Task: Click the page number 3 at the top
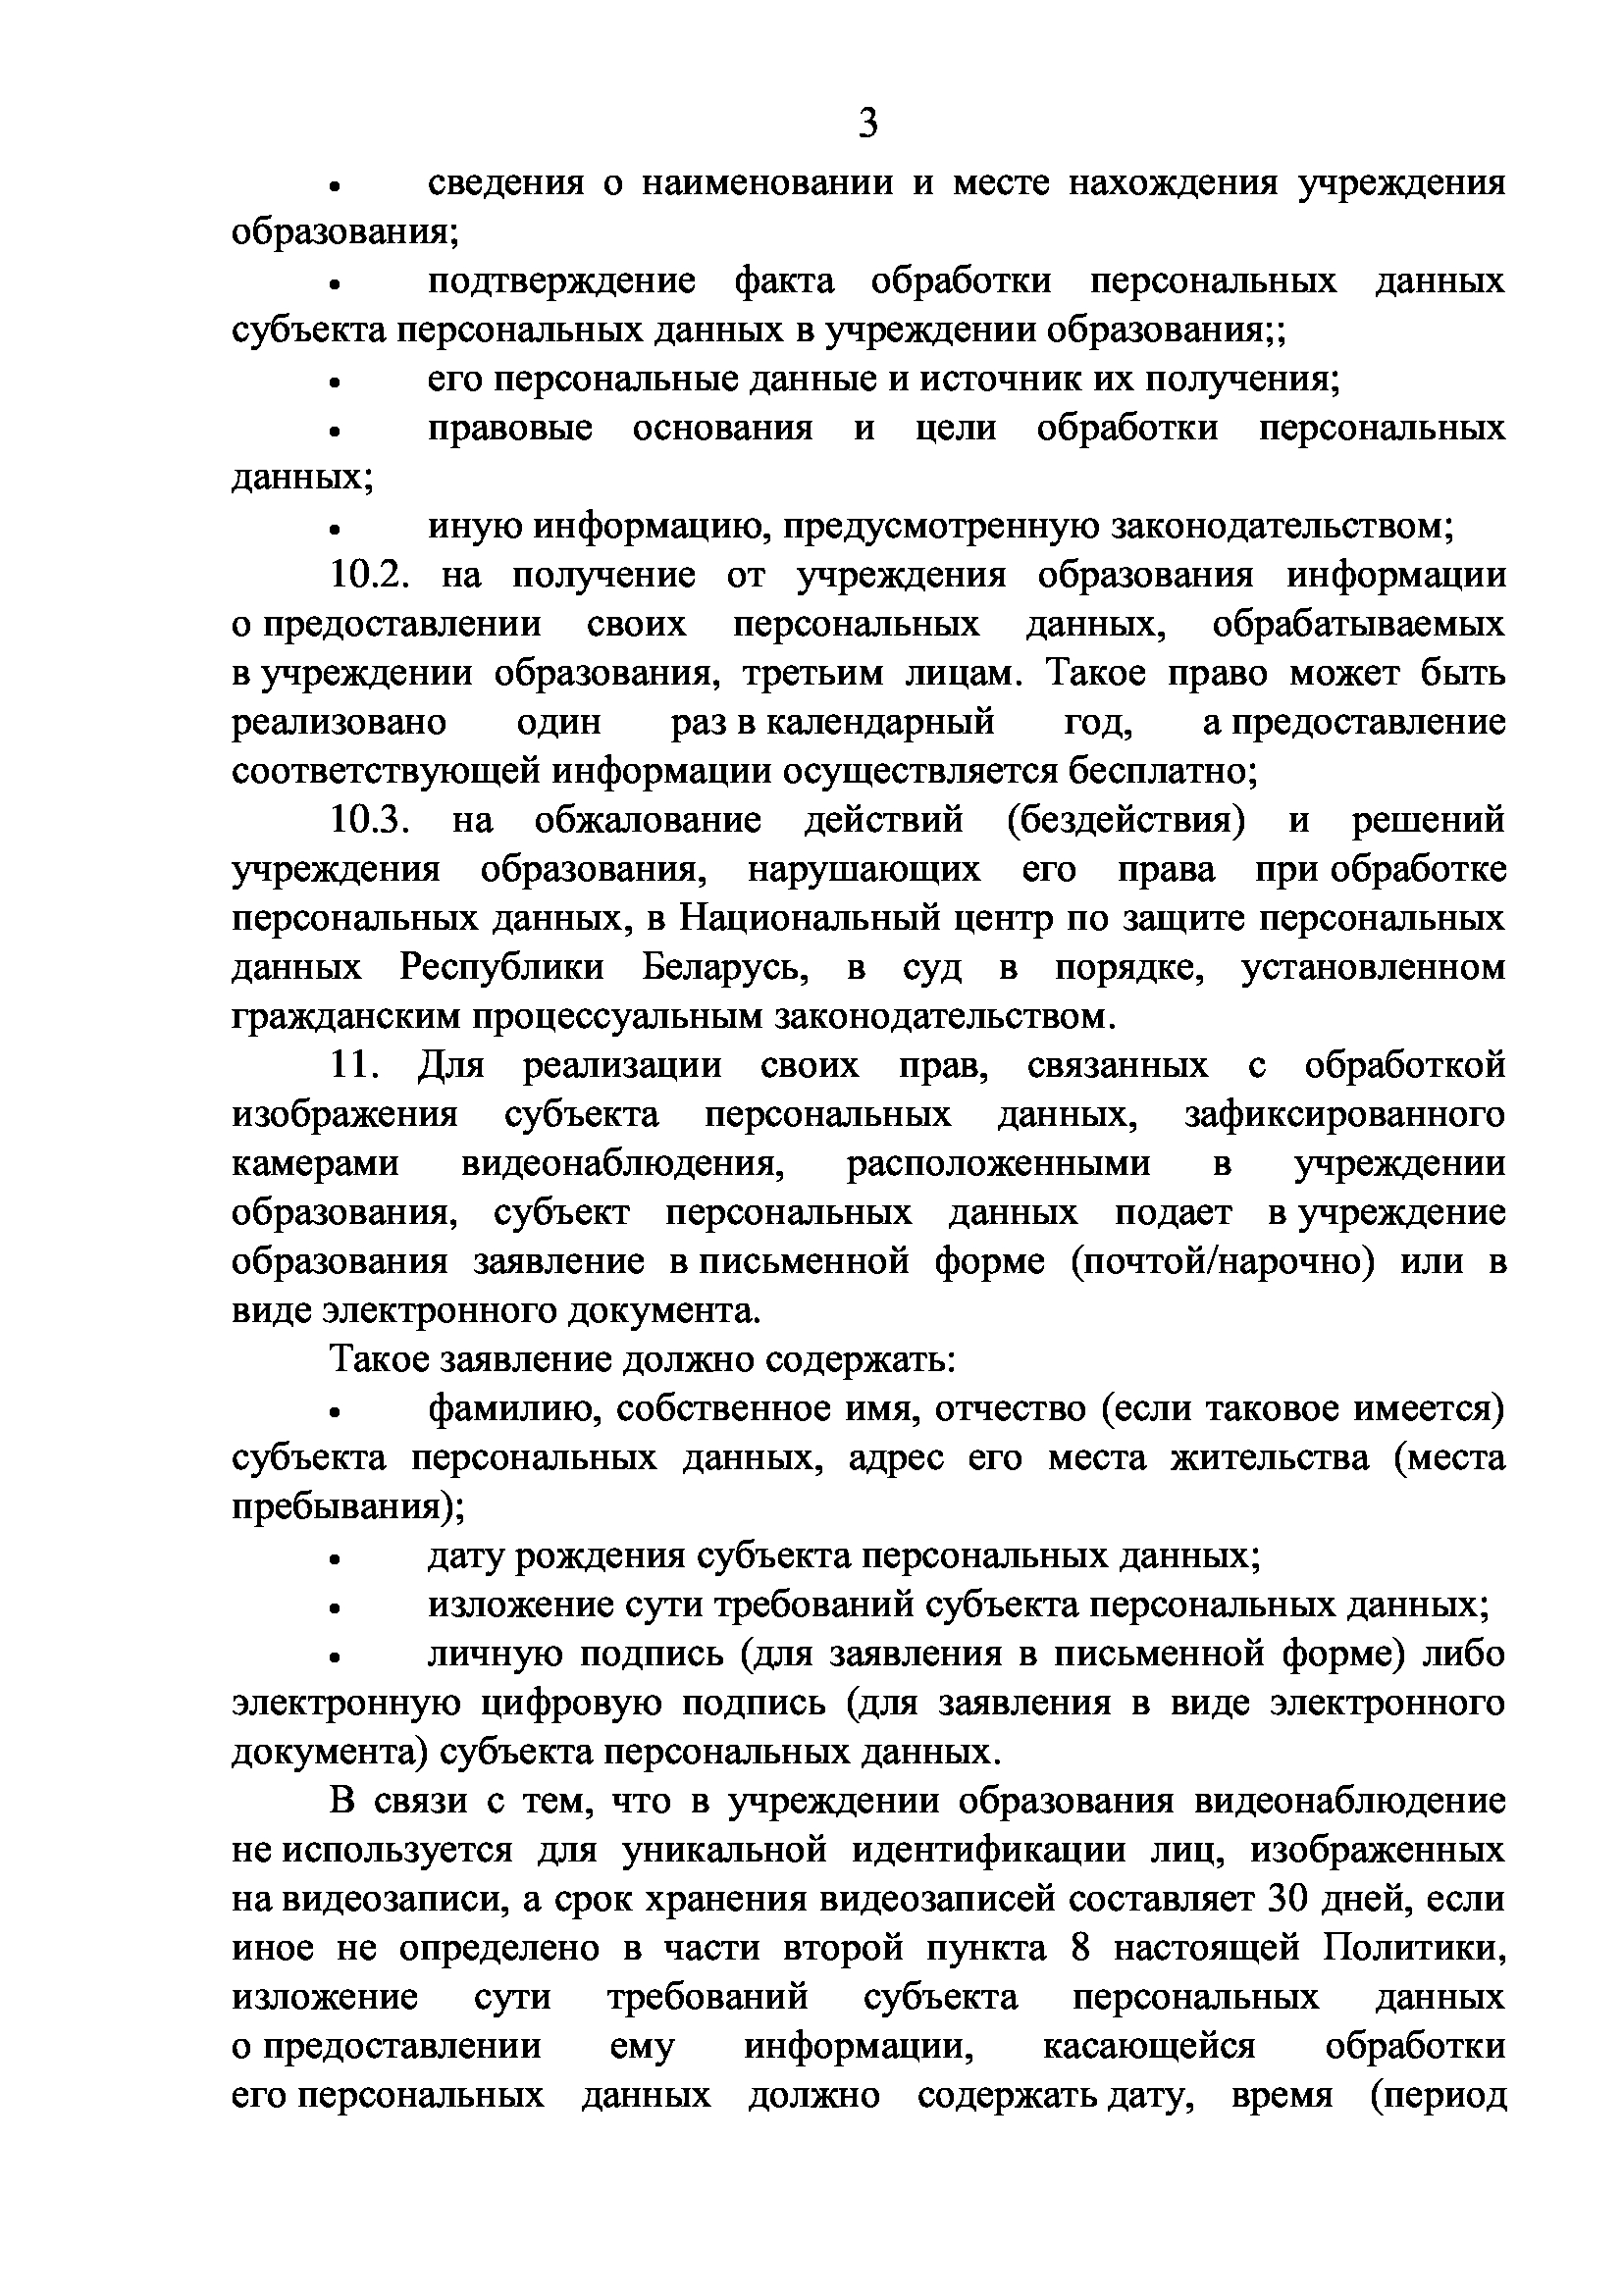coord(867,125)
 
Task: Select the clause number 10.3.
coord(371,821)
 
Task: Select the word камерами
coord(315,1165)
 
